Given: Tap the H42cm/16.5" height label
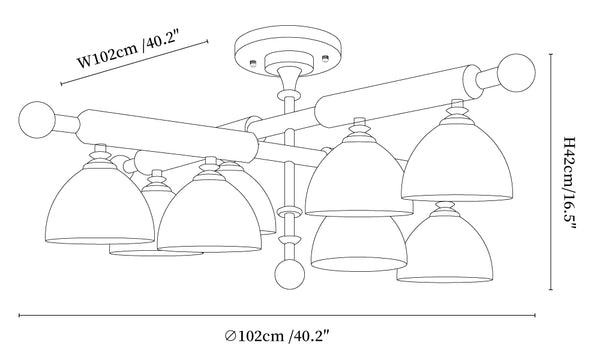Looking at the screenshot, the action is coord(570,183).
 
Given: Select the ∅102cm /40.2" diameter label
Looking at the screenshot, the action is coord(277,336).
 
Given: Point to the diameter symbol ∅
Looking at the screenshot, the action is coord(230,336).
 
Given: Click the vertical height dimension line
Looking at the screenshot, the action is coord(551,172).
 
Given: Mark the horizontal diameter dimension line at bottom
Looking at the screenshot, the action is coord(277,316).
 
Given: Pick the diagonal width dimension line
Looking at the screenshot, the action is coord(134,62).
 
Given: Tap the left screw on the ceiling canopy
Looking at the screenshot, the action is coord(253,62).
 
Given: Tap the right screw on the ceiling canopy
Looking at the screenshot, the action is coord(325,58).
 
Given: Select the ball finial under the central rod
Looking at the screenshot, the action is coord(289,274).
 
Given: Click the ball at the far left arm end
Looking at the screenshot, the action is coord(37,120).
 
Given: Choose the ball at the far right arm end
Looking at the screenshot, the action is coord(517,73).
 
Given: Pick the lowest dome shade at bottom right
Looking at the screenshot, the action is coord(444,248).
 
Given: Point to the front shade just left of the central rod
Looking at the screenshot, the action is coord(209,215).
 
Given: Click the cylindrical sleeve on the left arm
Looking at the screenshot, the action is coord(168,134).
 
